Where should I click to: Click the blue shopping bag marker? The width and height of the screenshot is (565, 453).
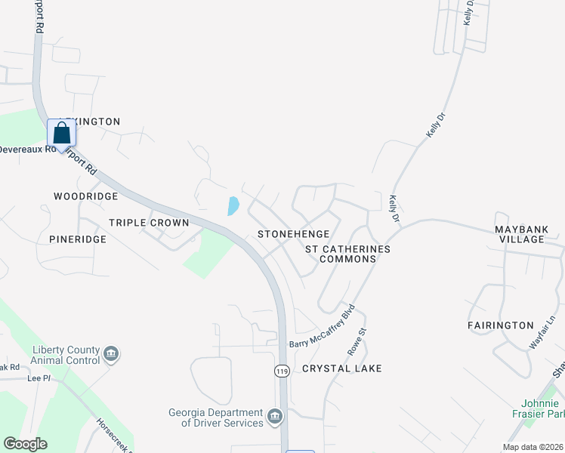[x=62, y=134]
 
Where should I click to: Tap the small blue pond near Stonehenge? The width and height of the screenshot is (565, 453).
[x=233, y=205]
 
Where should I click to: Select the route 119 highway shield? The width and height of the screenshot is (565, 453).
[x=282, y=371]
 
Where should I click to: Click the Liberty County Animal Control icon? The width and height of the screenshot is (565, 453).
[x=111, y=353]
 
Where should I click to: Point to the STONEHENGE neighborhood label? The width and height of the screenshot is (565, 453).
[x=294, y=234]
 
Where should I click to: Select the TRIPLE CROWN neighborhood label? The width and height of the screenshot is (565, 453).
[x=149, y=223]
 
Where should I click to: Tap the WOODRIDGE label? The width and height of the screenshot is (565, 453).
[x=86, y=196]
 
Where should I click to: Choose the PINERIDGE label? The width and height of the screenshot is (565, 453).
[x=78, y=239]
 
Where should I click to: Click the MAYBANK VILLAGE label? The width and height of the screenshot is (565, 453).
[x=530, y=234]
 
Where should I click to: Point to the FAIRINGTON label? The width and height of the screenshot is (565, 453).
[x=501, y=325]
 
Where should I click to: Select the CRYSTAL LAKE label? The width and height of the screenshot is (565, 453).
[x=342, y=368]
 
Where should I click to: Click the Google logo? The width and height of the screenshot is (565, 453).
[x=25, y=444]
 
